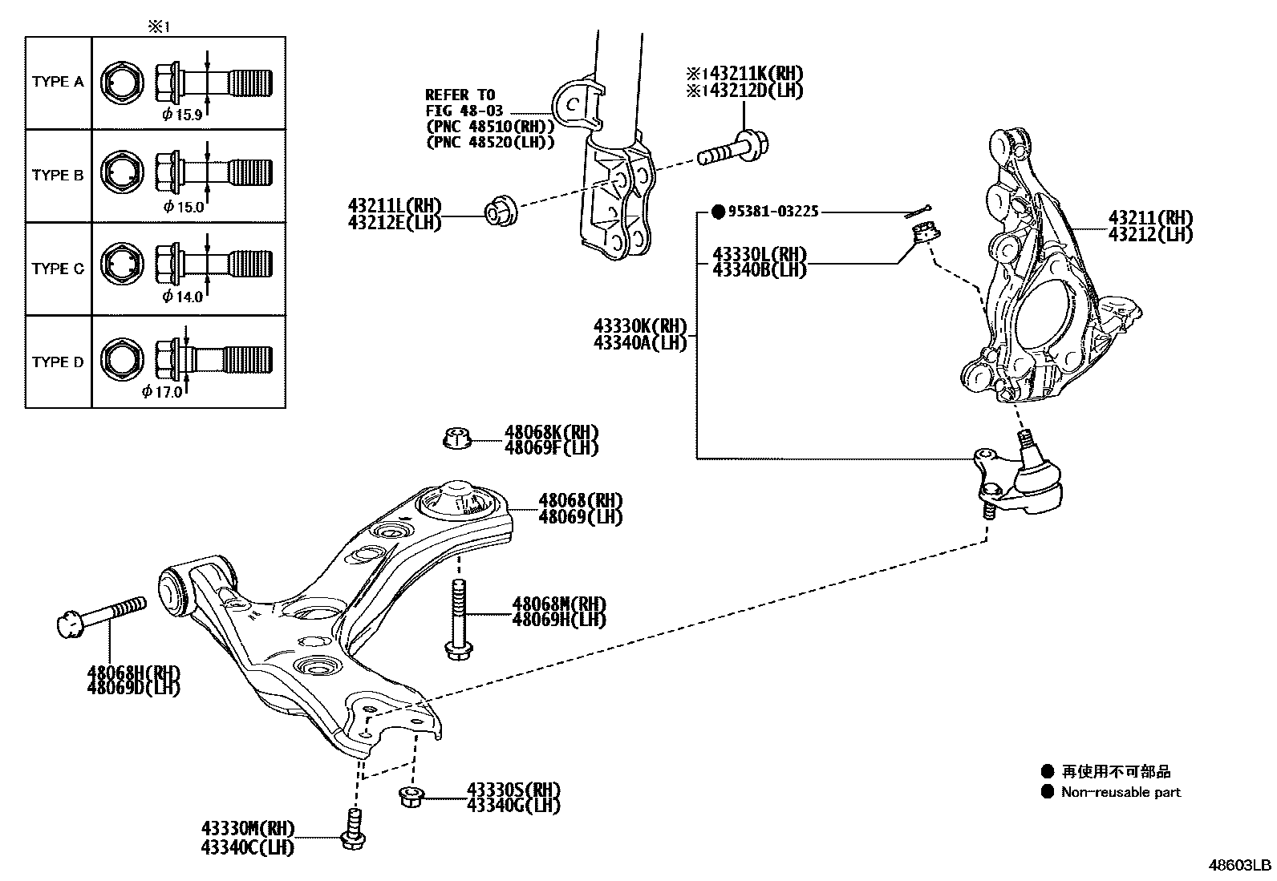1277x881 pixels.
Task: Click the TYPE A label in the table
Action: (58, 82)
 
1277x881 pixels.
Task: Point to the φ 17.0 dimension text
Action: (162, 392)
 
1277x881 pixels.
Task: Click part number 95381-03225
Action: (773, 212)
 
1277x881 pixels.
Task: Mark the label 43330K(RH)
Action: (640, 326)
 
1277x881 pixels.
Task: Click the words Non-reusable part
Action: (1121, 792)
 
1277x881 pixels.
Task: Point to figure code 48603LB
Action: (1241, 866)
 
